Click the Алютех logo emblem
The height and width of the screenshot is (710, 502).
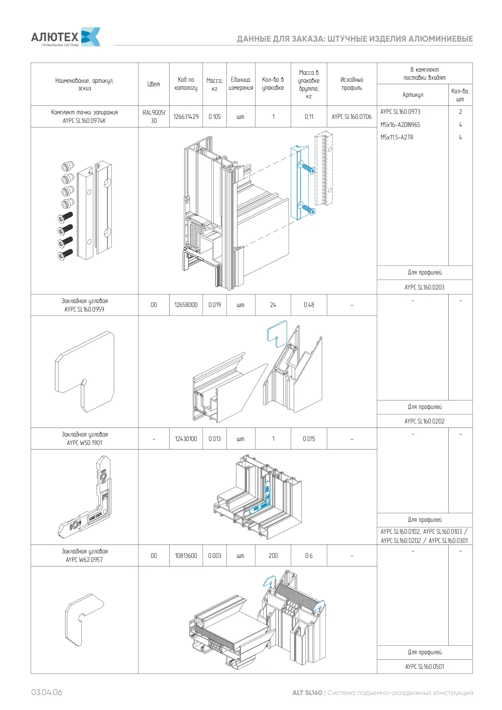click(91, 37)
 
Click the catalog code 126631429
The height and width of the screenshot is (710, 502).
click(186, 116)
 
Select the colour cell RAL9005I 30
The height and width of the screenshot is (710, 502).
click(154, 116)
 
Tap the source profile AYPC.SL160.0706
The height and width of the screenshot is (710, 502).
click(351, 116)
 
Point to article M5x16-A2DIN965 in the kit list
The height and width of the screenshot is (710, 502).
click(400, 124)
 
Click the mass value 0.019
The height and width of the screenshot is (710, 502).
click(215, 305)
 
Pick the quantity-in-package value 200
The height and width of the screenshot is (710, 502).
click(273, 555)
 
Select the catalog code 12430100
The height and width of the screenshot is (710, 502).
click(186, 439)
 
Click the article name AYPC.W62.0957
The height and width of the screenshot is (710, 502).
click(84, 560)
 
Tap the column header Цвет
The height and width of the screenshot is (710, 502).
click(154, 84)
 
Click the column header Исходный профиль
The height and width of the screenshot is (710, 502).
click(352, 84)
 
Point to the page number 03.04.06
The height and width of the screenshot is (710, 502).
click(47, 692)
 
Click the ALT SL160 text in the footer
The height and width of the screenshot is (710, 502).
click(307, 692)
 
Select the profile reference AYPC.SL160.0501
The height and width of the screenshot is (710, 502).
click(425, 666)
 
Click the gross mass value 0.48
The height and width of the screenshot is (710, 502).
click(309, 305)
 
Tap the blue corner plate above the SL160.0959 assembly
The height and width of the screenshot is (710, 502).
click(277, 333)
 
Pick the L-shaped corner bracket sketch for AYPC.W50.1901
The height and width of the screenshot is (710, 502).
click(85, 496)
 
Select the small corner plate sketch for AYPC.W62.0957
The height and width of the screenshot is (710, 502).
click(84, 620)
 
